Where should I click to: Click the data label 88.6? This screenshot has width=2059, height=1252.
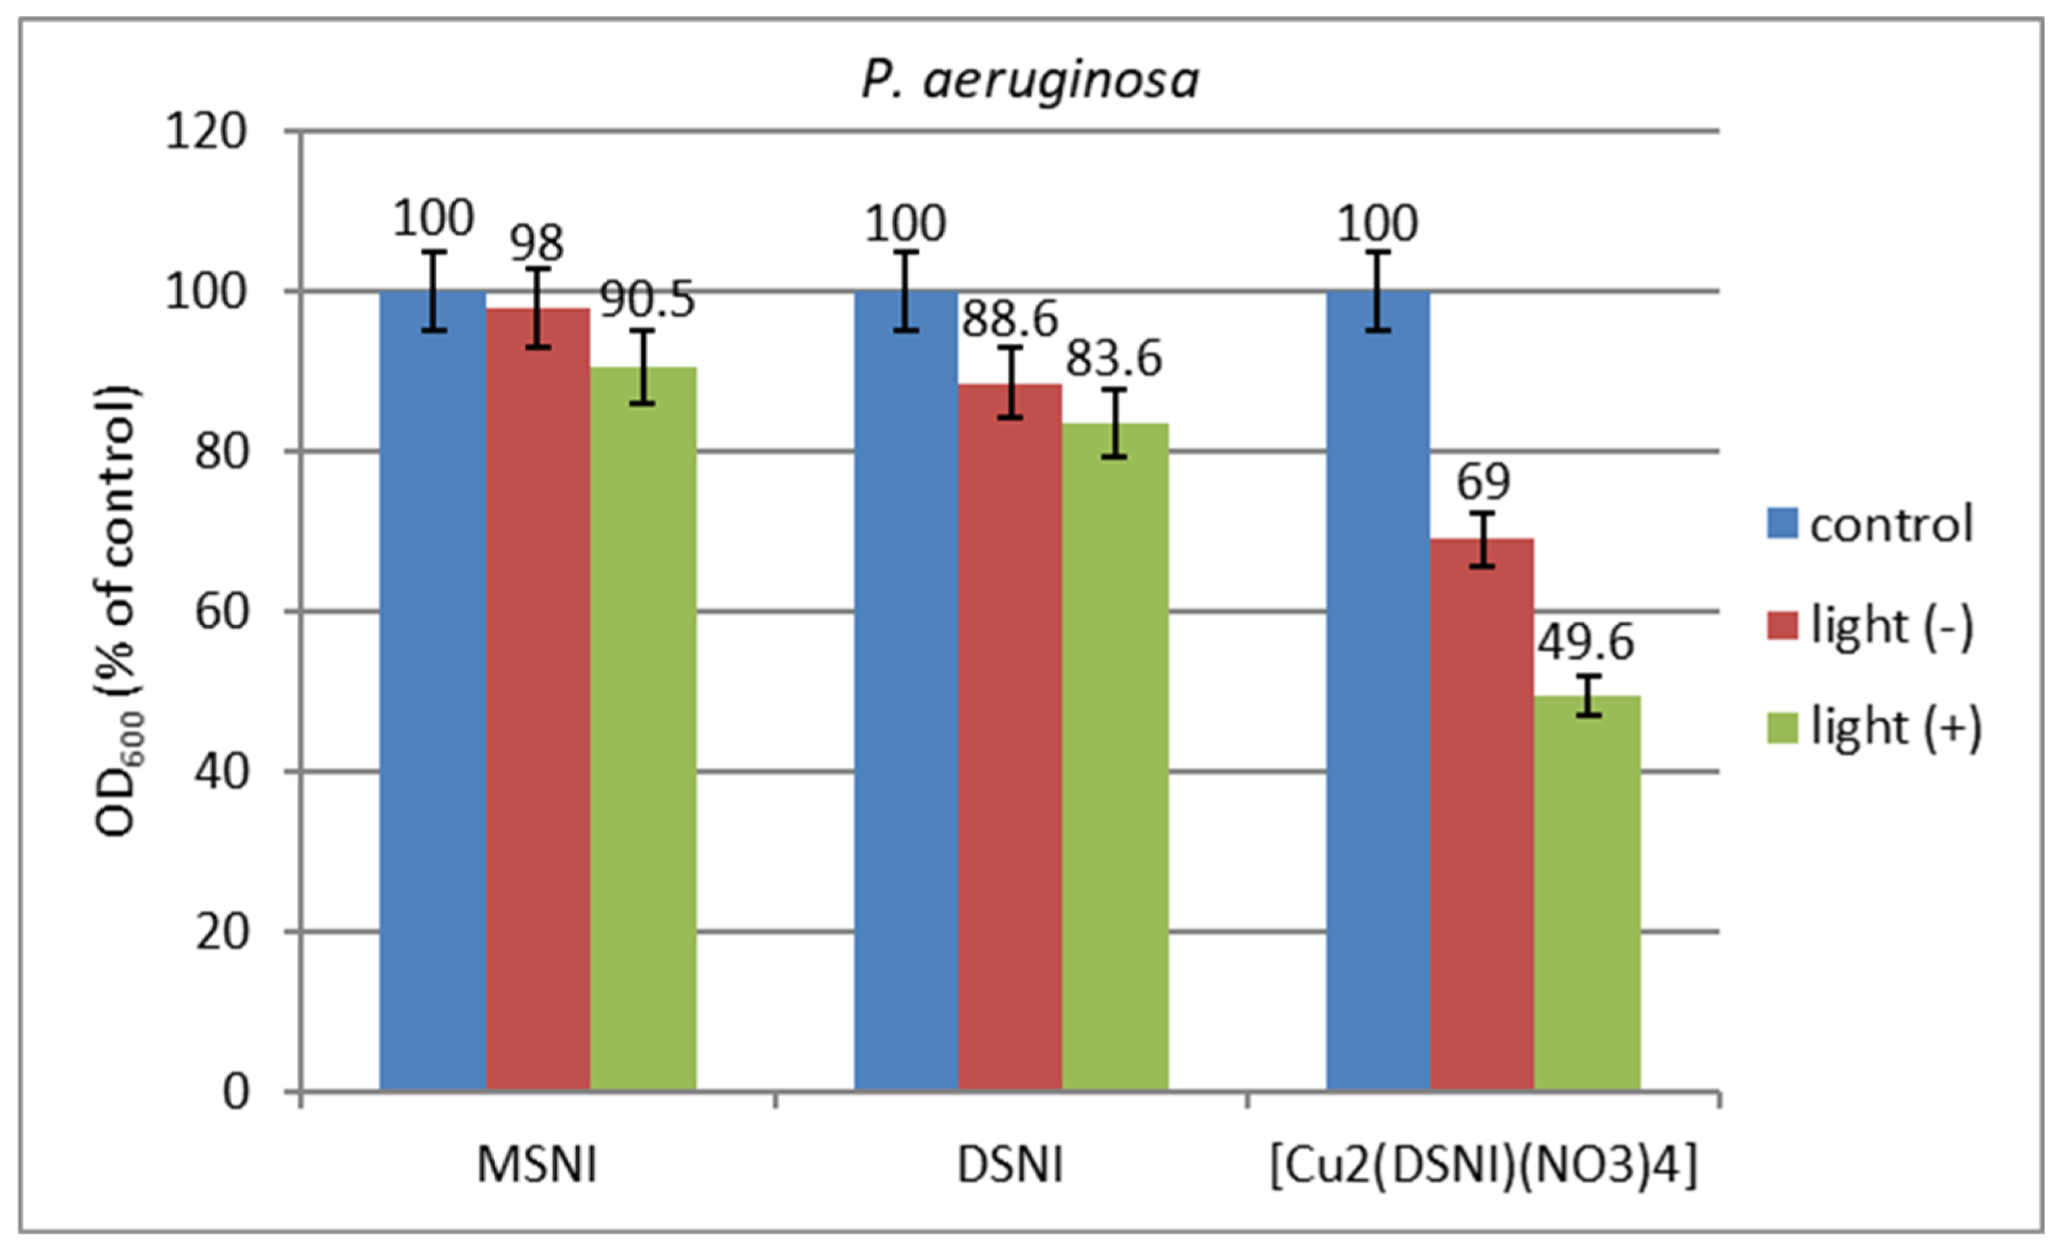coord(1009,319)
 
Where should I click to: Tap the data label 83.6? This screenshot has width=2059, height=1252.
coord(1114,359)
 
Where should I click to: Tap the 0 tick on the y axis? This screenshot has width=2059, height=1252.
coord(235,1091)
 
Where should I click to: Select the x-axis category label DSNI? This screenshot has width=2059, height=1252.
coord(1009,1165)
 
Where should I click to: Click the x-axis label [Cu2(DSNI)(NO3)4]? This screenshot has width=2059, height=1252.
coord(1484,1165)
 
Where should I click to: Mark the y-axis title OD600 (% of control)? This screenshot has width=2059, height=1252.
coord(117,610)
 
